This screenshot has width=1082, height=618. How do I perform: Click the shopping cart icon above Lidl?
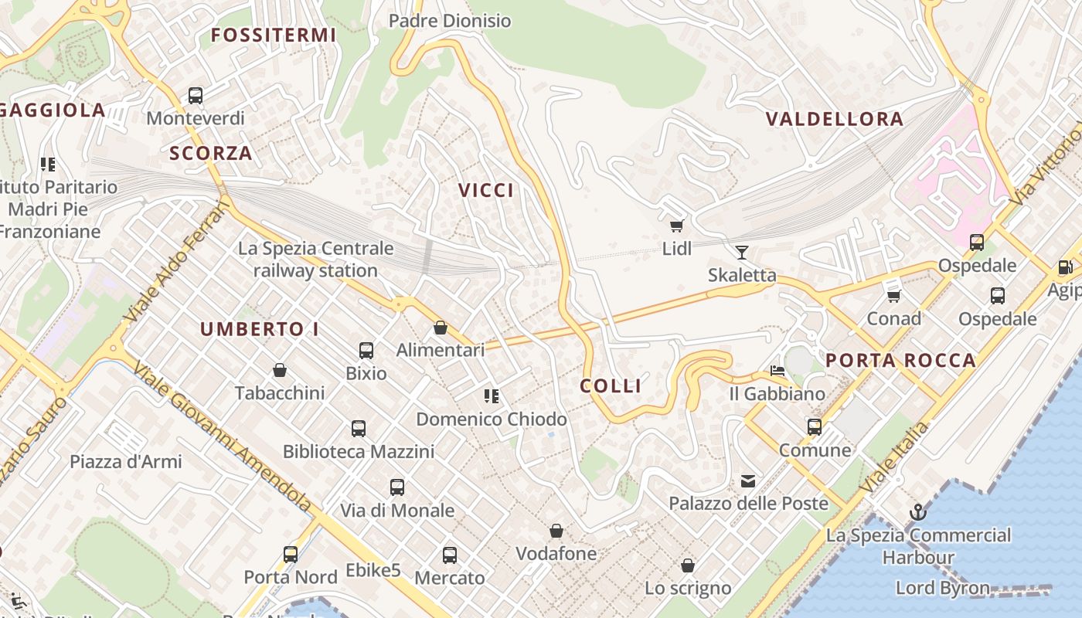(x=677, y=226)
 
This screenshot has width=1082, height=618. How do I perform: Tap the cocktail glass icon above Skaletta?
(x=742, y=252)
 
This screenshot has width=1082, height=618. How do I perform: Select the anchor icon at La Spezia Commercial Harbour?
(x=917, y=512)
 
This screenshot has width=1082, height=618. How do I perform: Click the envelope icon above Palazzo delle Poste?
(x=748, y=481)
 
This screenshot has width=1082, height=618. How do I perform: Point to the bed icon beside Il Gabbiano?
(x=777, y=372)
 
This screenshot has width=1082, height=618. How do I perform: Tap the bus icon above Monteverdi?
(x=196, y=96)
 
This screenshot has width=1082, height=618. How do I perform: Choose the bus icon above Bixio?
(x=366, y=351)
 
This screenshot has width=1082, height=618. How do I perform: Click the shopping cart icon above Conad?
(x=894, y=295)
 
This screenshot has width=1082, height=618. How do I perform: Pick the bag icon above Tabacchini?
(x=280, y=371)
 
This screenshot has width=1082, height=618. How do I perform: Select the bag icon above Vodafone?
(x=556, y=531)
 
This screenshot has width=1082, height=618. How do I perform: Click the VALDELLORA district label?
(x=834, y=119)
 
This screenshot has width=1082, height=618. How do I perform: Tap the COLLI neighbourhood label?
(x=611, y=386)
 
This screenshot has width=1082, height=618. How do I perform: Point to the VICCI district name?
(x=486, y=191)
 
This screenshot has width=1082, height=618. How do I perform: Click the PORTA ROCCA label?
(x=900, y=361)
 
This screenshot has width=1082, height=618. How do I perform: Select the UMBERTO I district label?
(x=260, y=329)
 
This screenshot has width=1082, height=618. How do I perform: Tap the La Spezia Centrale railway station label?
(x=315, y=260)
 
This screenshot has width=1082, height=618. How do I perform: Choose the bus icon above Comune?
(x=815, y=427)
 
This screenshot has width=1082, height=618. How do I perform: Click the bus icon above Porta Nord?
(x=291, y=554)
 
